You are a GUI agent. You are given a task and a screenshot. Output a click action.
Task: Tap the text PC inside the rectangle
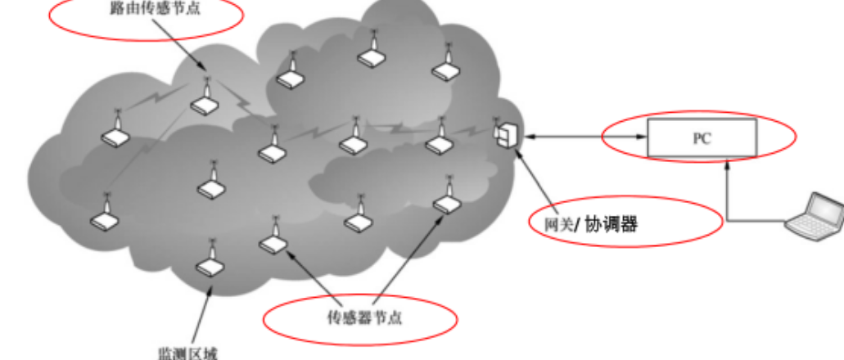(702, 139)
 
